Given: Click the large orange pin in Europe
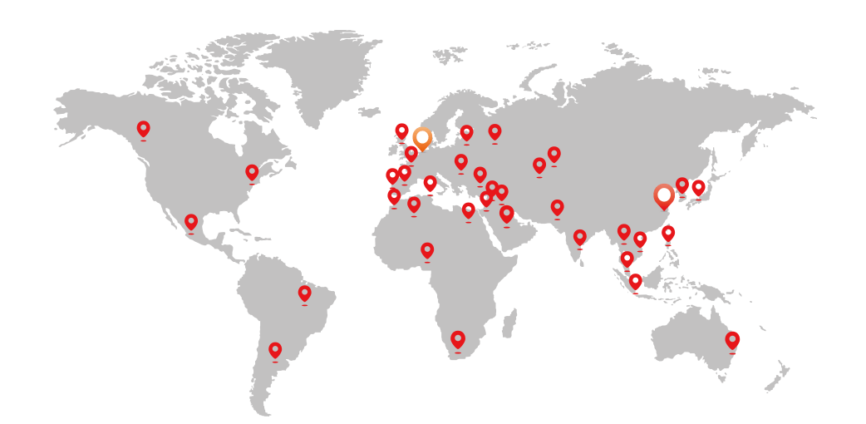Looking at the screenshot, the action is (422, 137).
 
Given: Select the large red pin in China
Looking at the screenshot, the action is (663, 195).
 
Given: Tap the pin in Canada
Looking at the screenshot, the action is (143, 129).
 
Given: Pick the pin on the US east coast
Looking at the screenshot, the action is (252, 172).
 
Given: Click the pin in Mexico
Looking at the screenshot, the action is (191, 222).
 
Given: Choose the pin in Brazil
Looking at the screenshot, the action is (304, 293).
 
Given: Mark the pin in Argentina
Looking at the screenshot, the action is (275, 350).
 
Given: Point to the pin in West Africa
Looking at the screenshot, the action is (427, 250).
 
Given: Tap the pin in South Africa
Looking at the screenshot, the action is (457, 339).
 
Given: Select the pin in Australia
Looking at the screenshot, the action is (732, 340).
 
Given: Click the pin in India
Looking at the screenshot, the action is (580, 238).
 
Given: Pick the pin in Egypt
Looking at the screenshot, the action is (469, 210).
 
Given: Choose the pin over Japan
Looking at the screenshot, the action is (698, 187).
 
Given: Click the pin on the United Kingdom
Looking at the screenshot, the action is (401, 131).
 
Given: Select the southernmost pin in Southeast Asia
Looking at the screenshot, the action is (636, 281).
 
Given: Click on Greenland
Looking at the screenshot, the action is (320, 71).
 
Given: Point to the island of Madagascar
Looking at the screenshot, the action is (509, 323).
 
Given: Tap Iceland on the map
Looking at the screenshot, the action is (369, 111).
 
